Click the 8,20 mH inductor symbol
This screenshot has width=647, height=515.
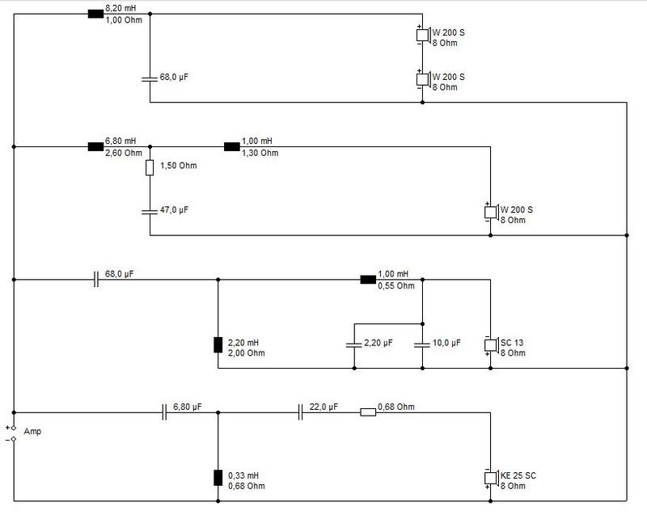pyautogui.click(x=95, y=14)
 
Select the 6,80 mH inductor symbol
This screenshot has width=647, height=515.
pyautogui.click(x=95, y=147)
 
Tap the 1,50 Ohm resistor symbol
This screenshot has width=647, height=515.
pyautogui.click(x=150, y=168)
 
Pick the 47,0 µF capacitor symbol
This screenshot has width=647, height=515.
pyautogui.click(x=150, y=212)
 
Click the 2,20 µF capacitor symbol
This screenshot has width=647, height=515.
pyautogui.click(x=354, y=344)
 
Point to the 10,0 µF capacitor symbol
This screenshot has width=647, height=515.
pyautogui.click(x=422, y=344)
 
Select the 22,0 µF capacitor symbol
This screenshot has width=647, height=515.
pyautogui.click(x=300, y=412)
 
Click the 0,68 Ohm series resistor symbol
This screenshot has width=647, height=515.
pyautogui.click(x=368, y=412)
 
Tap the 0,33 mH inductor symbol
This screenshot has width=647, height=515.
pyautogui.click(x=218, y=478)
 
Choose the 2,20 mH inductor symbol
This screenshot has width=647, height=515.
pyautogui.click(x=218, y=345)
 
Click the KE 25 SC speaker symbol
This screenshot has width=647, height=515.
pyautogui.click(x=491, y=479)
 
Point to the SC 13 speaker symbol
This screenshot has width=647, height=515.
pyautogui.click(x=491, y=345)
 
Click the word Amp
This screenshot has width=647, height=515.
pyautogui.click(x=32, y=431)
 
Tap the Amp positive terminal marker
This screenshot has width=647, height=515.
pyautogui.click(x=13, y=428)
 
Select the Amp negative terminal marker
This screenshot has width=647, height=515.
pyautogui.click(x=13, y=439)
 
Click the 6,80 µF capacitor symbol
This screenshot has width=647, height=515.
pyautogui.click(x=164, y=412)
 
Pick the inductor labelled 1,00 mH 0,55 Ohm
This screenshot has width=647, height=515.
pyautogui.click(x=368, y=280)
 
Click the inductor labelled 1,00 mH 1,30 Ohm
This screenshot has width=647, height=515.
pyautogui.click(x=232, y=147)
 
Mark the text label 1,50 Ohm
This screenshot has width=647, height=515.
pyautogui.click(x=178, y=166)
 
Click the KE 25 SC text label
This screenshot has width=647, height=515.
pyautogui.click(x=518, y=475)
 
